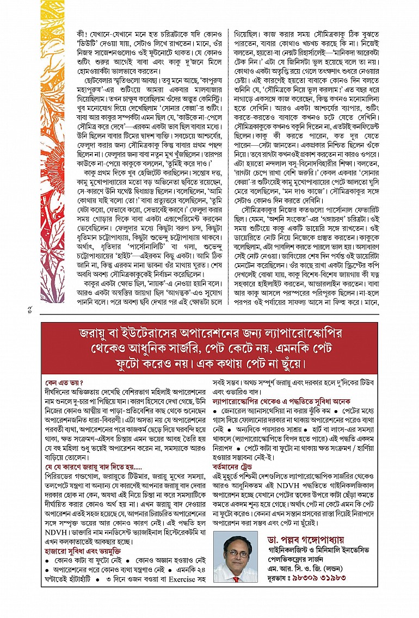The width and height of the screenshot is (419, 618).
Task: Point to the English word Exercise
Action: click(x=168, y=577)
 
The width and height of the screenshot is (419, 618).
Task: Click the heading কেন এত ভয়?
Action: click(x=61, y=382)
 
